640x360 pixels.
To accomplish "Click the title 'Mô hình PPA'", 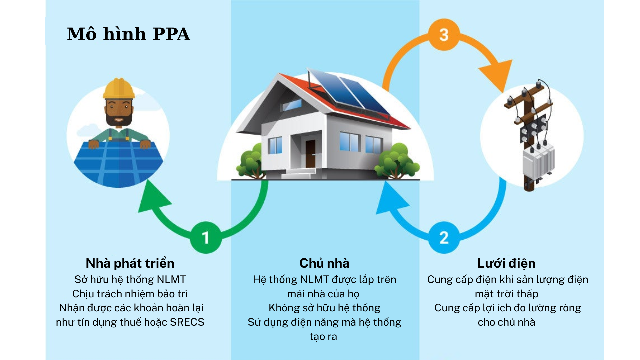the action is coord(129,34).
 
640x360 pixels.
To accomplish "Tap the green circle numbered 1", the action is coord(206,237).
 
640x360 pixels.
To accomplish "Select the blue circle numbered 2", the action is coord(444,237).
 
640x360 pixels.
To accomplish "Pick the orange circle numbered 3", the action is coord(444,35).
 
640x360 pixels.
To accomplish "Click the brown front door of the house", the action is coord(310,154).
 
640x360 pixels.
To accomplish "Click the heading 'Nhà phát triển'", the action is coord(130,263).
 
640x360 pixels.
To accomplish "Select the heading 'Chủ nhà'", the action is coord(324,263).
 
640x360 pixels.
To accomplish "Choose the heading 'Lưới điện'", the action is coord(506,263).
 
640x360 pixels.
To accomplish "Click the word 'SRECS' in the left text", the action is coord(187,322).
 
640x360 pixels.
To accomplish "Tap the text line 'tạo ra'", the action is coord(323,337).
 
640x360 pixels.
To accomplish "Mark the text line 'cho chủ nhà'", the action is coord(506,322).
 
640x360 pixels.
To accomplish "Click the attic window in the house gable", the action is coord(292,105).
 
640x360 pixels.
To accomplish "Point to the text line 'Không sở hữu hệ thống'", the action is coord(324,308).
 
